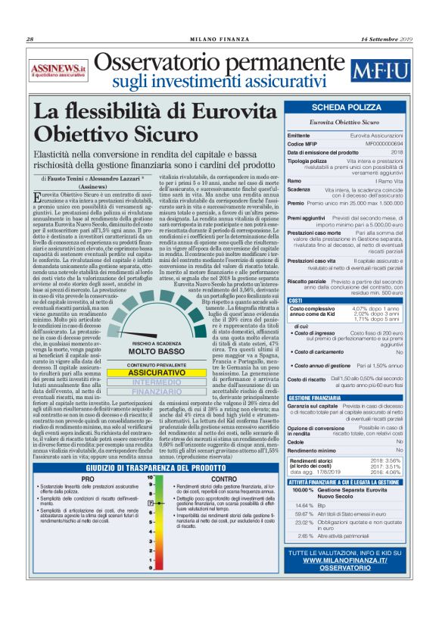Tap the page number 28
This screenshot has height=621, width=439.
coord(31,39)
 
